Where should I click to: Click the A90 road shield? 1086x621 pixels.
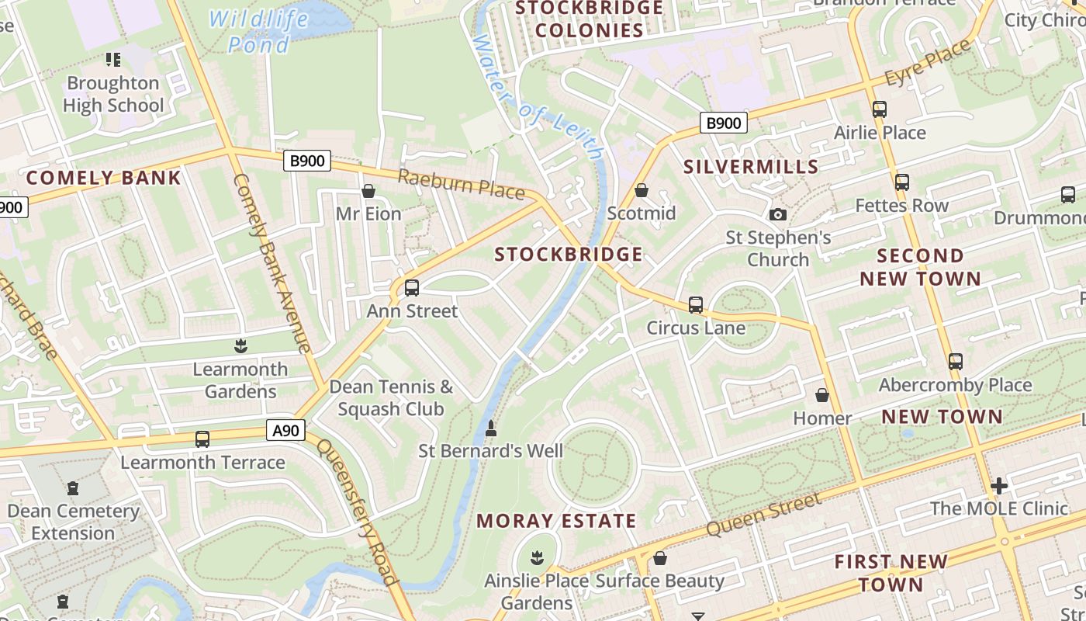click(x=286, y=430)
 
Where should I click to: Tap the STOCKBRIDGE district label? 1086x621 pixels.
click(x=569, y=255)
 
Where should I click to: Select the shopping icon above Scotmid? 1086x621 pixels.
click(x=642, y=190)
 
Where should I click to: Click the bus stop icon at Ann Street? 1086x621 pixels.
click(x=412, y=288)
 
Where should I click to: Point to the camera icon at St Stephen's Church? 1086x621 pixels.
click(x=777, y=214)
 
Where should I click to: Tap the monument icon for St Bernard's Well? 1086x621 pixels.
click(x=490, y=428)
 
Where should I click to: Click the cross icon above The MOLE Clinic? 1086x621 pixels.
click(x=999, y=486)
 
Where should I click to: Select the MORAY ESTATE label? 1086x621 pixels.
click(x=556, y=521)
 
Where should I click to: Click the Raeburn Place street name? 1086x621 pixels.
click(x=461, y=184)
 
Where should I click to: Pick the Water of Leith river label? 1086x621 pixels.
click(x=536, y=97)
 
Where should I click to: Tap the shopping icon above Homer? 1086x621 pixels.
click(x=822, y=396)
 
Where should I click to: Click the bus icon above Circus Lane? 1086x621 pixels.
click(x=696, y=305)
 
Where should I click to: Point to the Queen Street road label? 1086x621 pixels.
click(x=763, y=515)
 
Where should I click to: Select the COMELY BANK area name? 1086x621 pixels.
click(x=103, y=178)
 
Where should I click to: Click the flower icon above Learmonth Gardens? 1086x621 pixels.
click(x=240, y=346)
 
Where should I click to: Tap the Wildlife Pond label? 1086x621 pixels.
click(x=259, y=31)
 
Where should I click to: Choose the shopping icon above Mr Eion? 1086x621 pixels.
click(x=368, y=191)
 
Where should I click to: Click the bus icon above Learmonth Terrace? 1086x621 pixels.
click(x=202, y=439)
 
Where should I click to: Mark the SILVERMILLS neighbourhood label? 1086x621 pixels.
click(x=751, y=167)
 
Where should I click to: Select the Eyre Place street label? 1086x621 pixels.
click(x=928, y=64)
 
